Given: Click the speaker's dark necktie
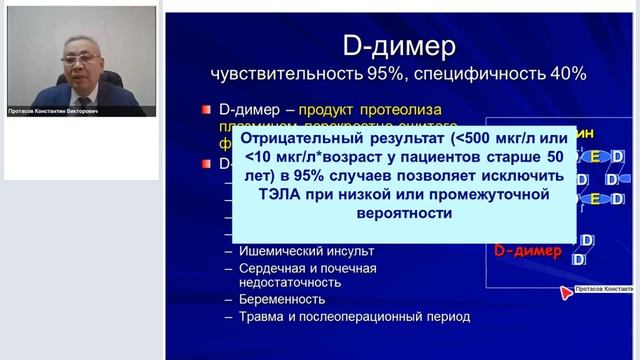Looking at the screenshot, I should [x=83, y=100].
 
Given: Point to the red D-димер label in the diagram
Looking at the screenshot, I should [x=524, y=250].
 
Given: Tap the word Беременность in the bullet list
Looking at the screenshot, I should [x=282, y=299].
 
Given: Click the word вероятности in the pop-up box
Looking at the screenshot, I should [x=404, y=214].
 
